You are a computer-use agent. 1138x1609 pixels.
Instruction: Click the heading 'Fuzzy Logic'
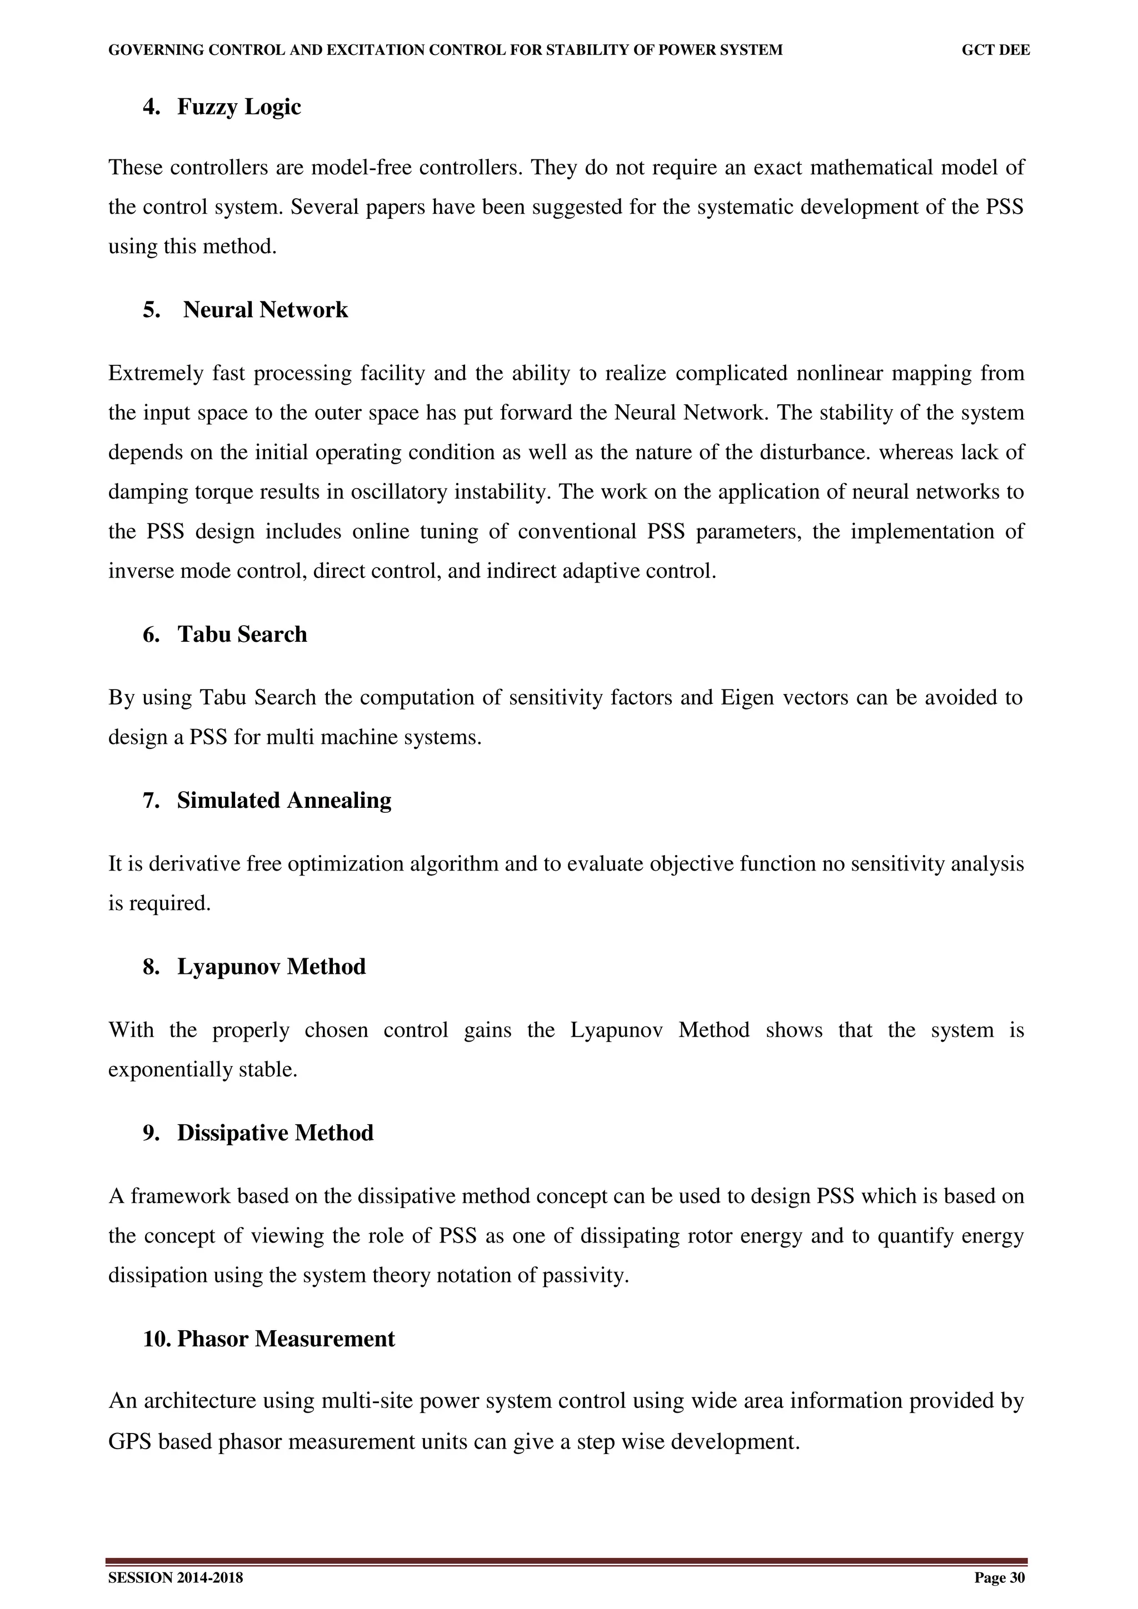[238, 107]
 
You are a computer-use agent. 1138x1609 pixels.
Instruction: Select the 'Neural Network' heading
[265, 310]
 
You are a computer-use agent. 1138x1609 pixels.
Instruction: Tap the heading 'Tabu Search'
[242, 635]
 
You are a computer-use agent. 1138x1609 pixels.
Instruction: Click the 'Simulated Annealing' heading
[284, 801]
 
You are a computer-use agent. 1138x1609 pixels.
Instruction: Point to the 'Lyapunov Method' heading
[271, 967]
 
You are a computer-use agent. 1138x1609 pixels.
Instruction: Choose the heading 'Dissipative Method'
[275, 1133]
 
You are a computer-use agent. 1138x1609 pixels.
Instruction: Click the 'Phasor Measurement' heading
[286, 1339]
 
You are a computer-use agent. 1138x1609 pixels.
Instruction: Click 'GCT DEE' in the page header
[996, 51]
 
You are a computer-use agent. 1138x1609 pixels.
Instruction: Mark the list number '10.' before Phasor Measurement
[157, 1339]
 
